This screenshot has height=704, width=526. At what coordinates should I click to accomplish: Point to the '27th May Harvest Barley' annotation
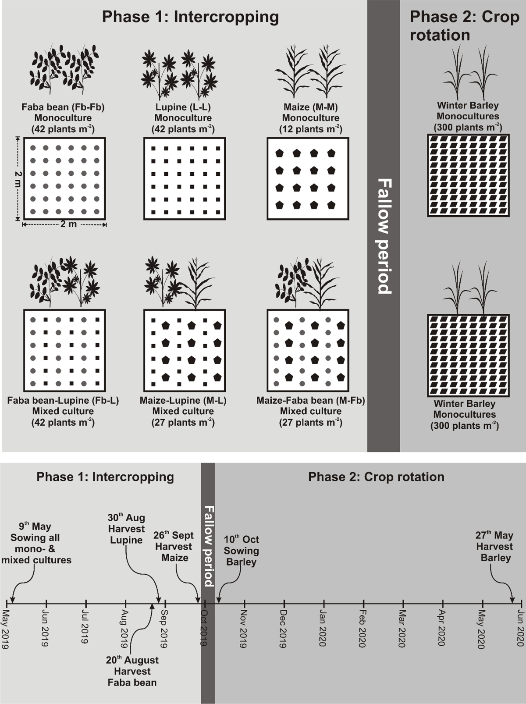494,547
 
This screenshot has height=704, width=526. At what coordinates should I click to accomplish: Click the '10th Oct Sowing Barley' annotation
241,551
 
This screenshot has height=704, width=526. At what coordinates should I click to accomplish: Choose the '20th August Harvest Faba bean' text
132,671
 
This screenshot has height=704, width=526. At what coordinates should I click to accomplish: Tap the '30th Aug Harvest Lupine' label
126,529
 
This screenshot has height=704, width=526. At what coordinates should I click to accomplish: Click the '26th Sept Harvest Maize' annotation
174,547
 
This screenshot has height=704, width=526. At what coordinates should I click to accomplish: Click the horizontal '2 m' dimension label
68,224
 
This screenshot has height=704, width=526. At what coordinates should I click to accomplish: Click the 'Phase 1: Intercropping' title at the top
190,17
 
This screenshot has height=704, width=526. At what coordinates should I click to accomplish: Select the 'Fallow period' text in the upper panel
384,236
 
